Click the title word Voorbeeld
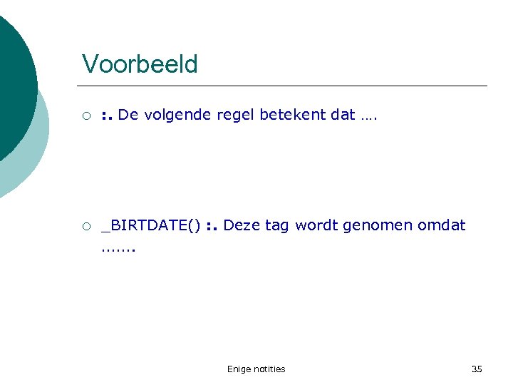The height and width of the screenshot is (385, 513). point(140,64)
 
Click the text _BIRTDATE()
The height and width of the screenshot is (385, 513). point(151,226)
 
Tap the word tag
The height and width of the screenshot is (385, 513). point(277,226)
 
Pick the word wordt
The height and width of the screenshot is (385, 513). point(316,225)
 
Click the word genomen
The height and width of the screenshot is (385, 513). point(377,226)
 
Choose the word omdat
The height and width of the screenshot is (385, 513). point(441,225)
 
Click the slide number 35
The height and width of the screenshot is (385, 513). point(477,369)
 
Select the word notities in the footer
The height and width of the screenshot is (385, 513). point(269,369)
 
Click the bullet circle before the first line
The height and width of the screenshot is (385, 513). point(85,115)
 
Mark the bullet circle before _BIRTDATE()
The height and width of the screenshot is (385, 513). point(85,227)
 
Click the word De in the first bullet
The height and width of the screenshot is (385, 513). point(128,115)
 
